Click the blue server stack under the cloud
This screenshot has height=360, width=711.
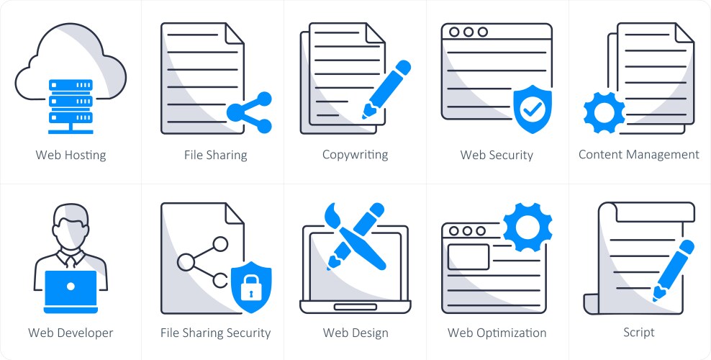pos(71,107)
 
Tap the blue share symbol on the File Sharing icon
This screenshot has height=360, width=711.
pos(250,112)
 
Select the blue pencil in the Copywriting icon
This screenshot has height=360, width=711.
pos(386,89)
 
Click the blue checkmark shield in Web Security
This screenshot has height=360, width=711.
pos(533,109)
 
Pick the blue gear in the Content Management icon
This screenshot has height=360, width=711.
pos(604,112)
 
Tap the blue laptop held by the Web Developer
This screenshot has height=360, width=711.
pos(71,292)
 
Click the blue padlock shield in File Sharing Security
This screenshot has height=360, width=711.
pos(251,287)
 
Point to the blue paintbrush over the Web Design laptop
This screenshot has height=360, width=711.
pos(356,235)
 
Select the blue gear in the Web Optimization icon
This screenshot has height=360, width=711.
pos(527,227)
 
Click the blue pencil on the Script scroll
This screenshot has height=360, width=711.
pos(674,271)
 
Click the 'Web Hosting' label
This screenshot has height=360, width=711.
pos(71,155)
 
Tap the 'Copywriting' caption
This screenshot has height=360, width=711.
pos(355,155)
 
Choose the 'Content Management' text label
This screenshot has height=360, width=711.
pos(639,155)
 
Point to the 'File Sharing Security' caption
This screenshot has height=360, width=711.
pos(215,333)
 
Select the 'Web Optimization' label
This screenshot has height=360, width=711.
pos(497,333)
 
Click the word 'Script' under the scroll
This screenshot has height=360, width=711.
pos(639,333)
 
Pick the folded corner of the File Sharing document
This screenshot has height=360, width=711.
pos(235,33)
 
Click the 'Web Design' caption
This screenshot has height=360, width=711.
pos(355,333)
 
